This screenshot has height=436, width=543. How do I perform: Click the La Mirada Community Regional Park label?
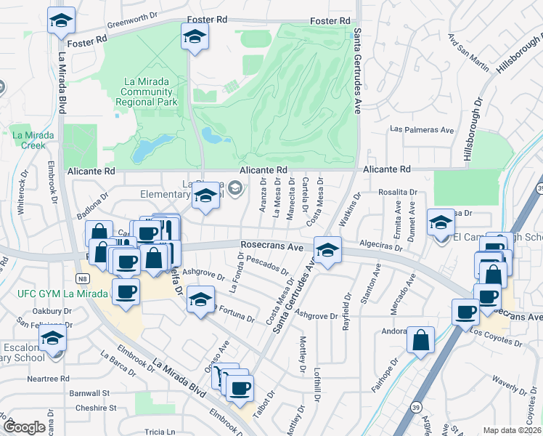coord(147,92)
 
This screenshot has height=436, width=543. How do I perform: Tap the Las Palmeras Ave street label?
coord(422,129)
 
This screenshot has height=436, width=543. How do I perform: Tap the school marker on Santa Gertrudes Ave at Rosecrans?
coord(327,251)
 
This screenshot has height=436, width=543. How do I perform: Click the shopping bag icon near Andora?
coord(420,340)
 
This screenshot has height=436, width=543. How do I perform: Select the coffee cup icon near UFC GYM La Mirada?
coord(126,292)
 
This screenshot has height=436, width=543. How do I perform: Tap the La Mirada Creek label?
coord(28,140)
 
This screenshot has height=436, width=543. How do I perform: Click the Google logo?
coord(25,427)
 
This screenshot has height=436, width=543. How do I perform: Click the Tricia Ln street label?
coord(159,431)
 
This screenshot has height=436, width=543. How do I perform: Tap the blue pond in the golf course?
coord(211,135)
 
